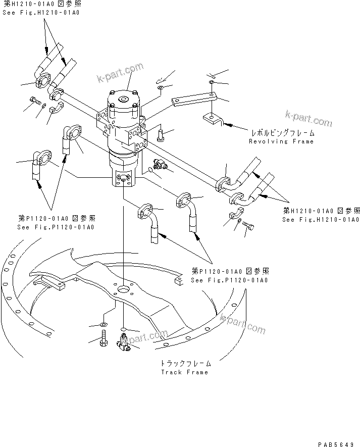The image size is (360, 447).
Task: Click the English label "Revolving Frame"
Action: (x=281, y=141)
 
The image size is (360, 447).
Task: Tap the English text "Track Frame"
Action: (x=184, y=372)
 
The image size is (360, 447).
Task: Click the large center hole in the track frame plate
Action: (x=123, y=291)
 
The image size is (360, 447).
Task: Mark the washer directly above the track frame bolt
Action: (x=103, y=324)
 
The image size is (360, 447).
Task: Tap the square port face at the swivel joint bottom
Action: (x=124, y=177)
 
